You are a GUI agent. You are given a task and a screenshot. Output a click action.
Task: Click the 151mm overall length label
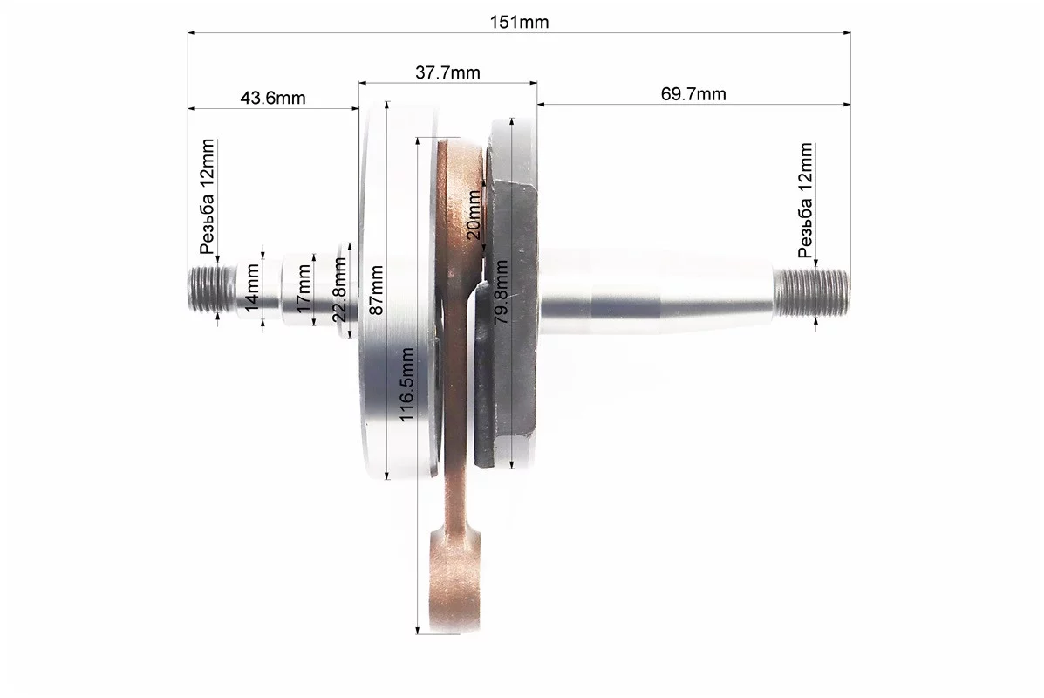pyautogui.click(x=519, y=22)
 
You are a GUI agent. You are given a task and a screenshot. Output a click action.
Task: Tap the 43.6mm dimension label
pyautogui.click(x=273, y=98)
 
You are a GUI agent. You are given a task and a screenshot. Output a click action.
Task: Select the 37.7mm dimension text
pyautogui.click(x=447, y=72)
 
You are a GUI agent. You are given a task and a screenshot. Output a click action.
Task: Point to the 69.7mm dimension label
pyautogui.click(x=693, y=94)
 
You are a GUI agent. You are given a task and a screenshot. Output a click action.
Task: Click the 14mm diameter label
pyautogui.click(x=252, y=288)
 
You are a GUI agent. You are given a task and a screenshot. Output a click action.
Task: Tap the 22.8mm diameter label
pyautogui.click(x=339, y=290)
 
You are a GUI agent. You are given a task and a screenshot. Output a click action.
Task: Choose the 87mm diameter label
pyautogui.click(x=376, y=291)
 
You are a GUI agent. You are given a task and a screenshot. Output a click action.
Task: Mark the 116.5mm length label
pyautogui.click(x=406, y=384)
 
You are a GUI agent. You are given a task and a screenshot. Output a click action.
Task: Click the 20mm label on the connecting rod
pyautogui.click(x=474, y=215)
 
